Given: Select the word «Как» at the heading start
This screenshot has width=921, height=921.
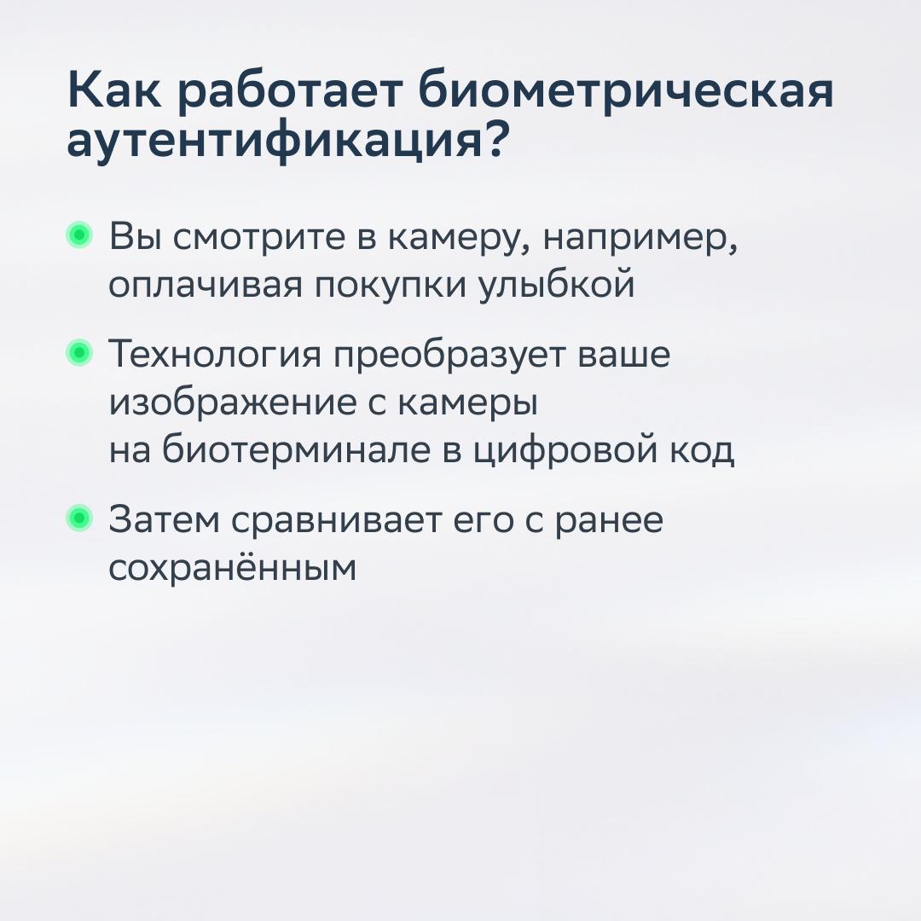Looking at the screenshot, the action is tap(114, 90).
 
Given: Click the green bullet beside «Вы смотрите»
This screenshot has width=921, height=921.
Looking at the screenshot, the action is tap(79, 235).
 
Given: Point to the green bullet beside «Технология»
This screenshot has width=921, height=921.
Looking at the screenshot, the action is tap(79, 352).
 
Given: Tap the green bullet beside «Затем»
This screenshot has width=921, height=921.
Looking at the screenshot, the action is tap(79, 518).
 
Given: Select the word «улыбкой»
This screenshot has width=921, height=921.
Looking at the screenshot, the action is tap(556, 283).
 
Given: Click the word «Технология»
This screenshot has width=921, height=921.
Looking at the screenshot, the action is tap(215, 355).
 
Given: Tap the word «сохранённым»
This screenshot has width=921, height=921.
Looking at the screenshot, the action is tap(233, 567).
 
